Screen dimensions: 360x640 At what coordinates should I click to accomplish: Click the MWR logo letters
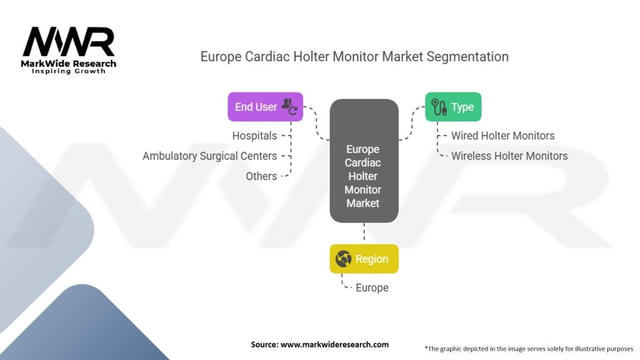pos(69,42)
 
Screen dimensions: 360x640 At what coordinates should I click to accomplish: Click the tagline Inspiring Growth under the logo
pos(69,71)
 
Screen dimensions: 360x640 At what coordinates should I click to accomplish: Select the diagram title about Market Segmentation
pos(354,56)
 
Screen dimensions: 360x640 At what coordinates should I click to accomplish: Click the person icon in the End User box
pos(289,106)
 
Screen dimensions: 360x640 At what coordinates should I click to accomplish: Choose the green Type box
pos(453,107)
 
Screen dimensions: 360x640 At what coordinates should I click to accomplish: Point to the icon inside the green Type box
pos(439,107)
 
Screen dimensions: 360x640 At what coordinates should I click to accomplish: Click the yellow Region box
pos(364,259)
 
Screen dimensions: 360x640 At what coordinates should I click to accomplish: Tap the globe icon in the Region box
pos(343,259)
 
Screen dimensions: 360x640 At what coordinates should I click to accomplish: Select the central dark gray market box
pos(364,161)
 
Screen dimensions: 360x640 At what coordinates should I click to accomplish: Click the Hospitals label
pos(254,136)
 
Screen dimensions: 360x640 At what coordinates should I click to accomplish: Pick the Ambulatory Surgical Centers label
pos(209,156)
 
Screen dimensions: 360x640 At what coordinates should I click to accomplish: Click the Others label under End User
pos(261,176)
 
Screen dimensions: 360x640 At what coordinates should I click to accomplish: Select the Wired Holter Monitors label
pos(503,136)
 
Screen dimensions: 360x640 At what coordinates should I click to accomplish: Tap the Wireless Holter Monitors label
pos(509,156)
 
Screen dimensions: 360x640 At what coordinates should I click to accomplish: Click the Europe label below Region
pos(372,287)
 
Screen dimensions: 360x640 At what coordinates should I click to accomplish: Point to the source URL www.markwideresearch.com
pos(319,344)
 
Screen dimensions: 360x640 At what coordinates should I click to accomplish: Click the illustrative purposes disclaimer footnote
pos(529,348)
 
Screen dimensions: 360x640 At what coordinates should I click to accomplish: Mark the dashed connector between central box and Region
pos(364,233)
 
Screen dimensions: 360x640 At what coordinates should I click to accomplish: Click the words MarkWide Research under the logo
pos(69,63)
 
